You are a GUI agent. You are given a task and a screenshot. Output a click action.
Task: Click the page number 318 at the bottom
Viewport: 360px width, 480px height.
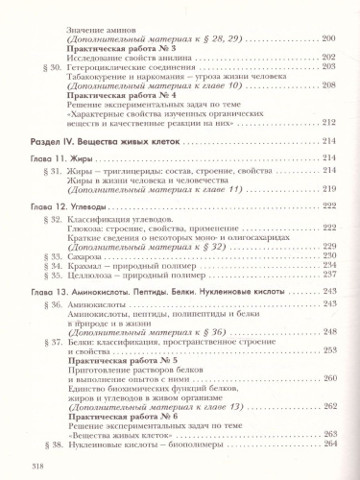click(15, 466)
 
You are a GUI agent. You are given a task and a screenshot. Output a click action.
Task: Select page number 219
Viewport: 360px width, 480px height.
click(327, 190)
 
